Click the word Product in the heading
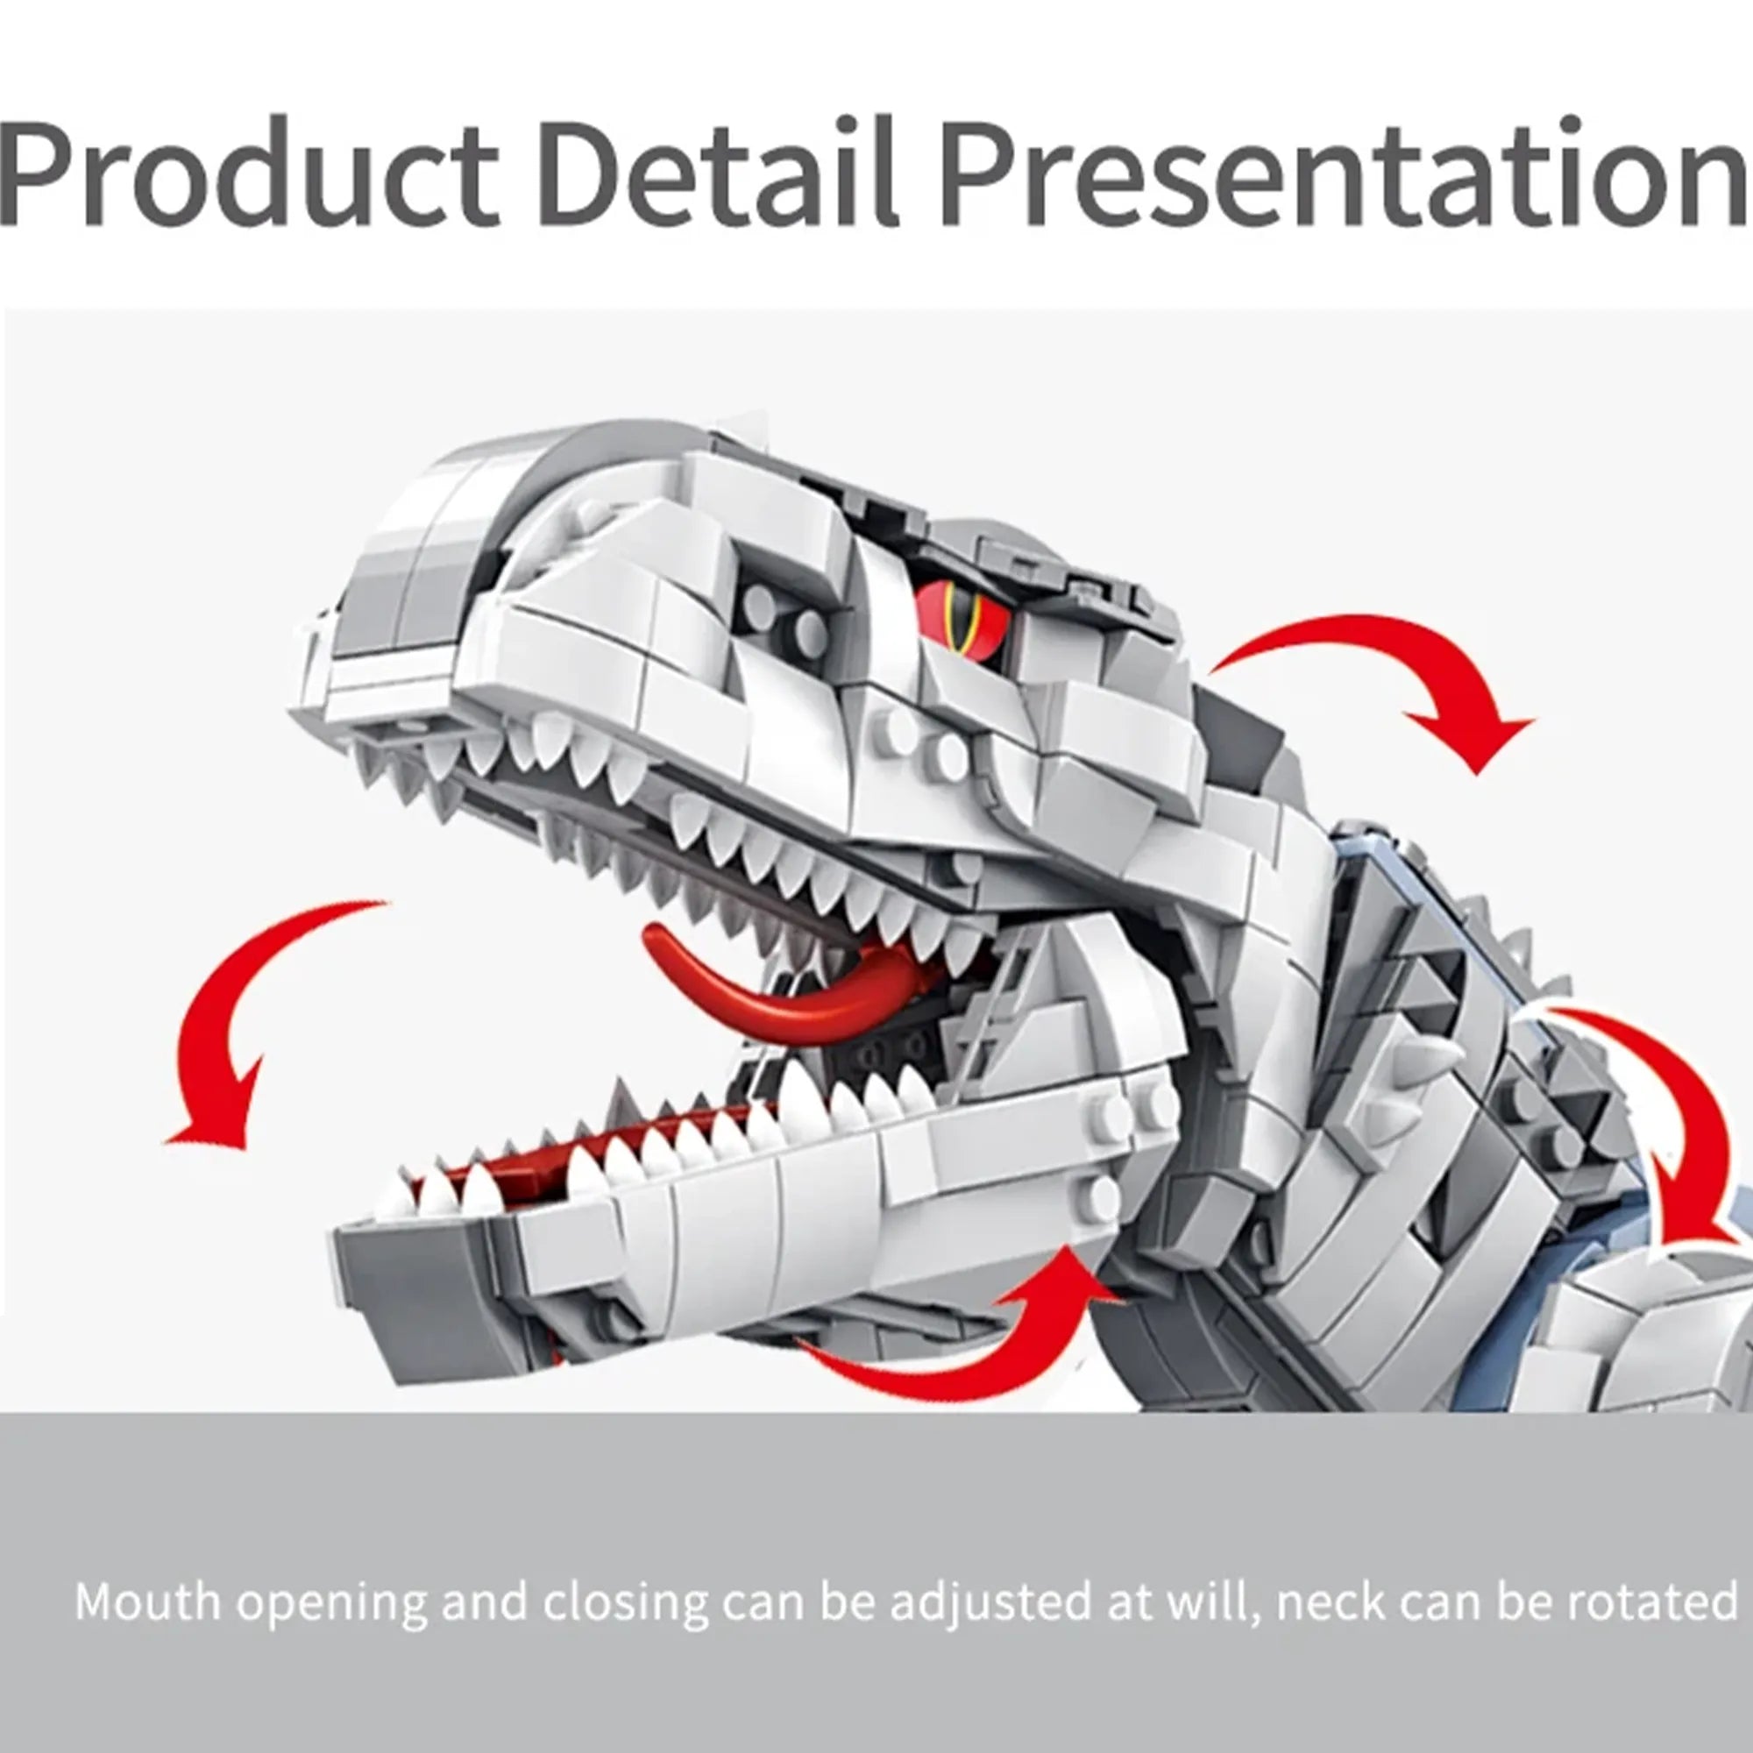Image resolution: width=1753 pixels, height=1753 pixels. point(250,173)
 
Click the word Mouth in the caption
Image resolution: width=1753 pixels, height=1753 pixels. point(148,1602)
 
